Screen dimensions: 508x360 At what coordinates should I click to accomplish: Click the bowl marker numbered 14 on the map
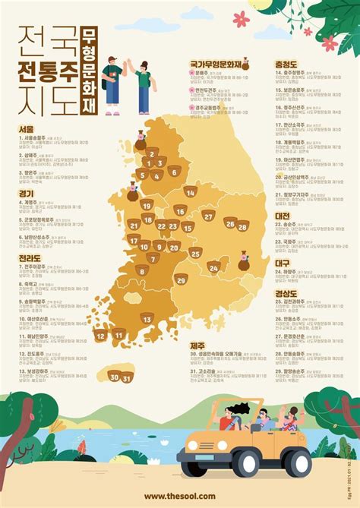pyautogui.click(x=191, y=191)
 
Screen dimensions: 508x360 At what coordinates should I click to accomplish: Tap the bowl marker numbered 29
pyautogui.click(x=180, y=279)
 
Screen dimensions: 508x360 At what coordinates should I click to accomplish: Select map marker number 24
pyautogui.click(x=214, y=267)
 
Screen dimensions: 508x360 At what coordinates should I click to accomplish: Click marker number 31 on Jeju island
pyautogui.click(x=128, y=376)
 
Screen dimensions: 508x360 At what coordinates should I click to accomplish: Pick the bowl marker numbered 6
pyautogui.click(x=174, y=171)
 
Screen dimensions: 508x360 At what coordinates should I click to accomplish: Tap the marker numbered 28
pyautogui.click(x=242, y=225)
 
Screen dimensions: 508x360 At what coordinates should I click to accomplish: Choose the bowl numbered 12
pyautogui.click(x=100, y=334)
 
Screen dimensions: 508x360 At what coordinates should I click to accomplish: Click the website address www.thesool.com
pyautogui.click(x=179, y=494)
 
